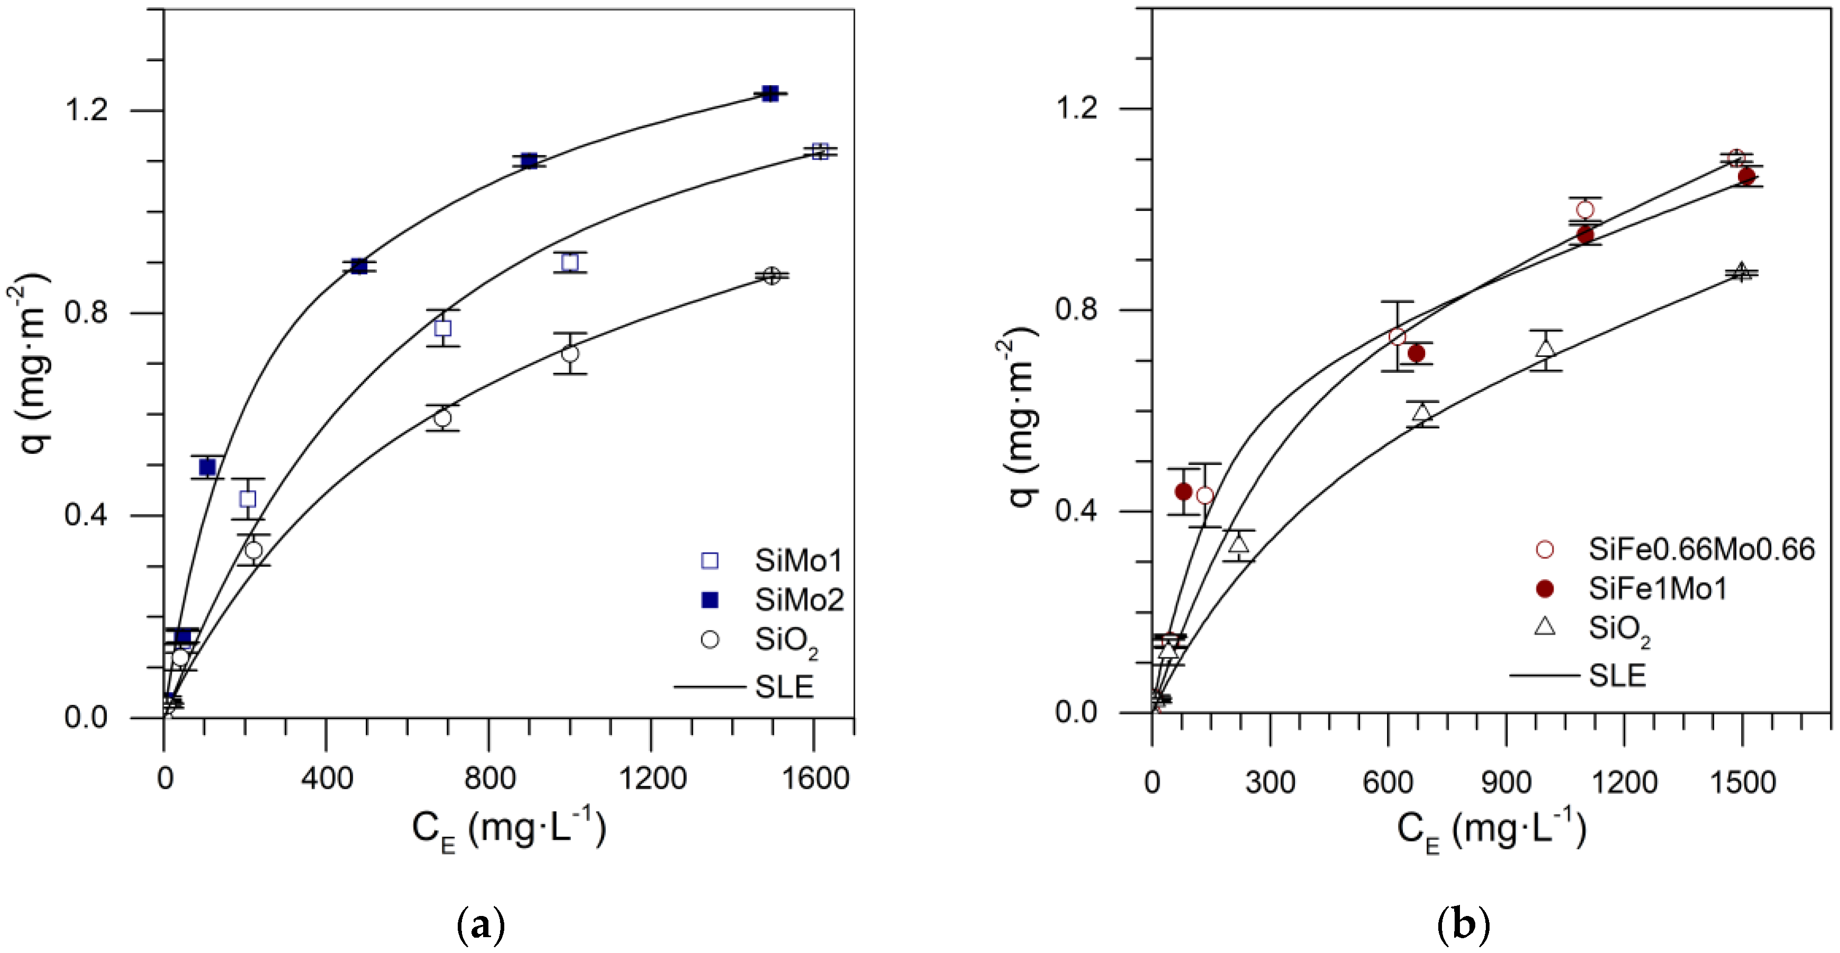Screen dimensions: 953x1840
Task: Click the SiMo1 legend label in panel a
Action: point(799,561)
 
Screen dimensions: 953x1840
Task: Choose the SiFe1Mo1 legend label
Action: point(1657,589)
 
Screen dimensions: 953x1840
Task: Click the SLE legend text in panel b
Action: point(1617,675)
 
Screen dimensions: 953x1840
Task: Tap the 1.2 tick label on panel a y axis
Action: point(87,110)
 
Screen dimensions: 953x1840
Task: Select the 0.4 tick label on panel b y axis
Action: point(1075,511)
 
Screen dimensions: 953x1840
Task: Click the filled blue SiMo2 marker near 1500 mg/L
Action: point(769,94)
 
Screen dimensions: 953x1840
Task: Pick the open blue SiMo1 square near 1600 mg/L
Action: point(820,151)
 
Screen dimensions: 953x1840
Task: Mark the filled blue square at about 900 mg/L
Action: point(529,161)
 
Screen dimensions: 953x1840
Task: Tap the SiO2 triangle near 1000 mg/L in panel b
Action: point(1545,349)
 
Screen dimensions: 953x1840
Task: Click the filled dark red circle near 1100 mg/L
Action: point(1585,234)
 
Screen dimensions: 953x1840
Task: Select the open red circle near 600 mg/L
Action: point(1397,336)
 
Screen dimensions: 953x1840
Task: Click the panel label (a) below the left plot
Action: point(479,926)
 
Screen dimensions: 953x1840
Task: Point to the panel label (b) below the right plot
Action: point(1463,926)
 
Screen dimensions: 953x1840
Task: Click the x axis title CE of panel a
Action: point(508,829)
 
